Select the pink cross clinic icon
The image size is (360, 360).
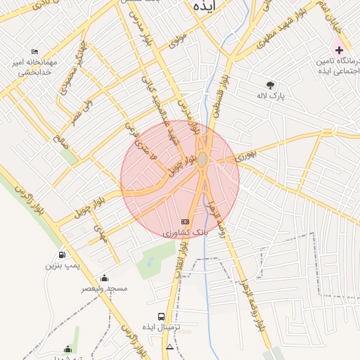tap(340, 50)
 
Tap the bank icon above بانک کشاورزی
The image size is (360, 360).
tap(185, 221)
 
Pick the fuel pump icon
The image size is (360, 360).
tap(63, 254)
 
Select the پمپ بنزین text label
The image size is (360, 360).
tap(60, 265)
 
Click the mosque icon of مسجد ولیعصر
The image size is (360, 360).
tap(105, 278)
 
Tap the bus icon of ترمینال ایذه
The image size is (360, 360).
tap(162, 317)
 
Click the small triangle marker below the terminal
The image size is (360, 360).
tap(169, 347)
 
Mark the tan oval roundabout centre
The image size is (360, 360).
tap(202, 160)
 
